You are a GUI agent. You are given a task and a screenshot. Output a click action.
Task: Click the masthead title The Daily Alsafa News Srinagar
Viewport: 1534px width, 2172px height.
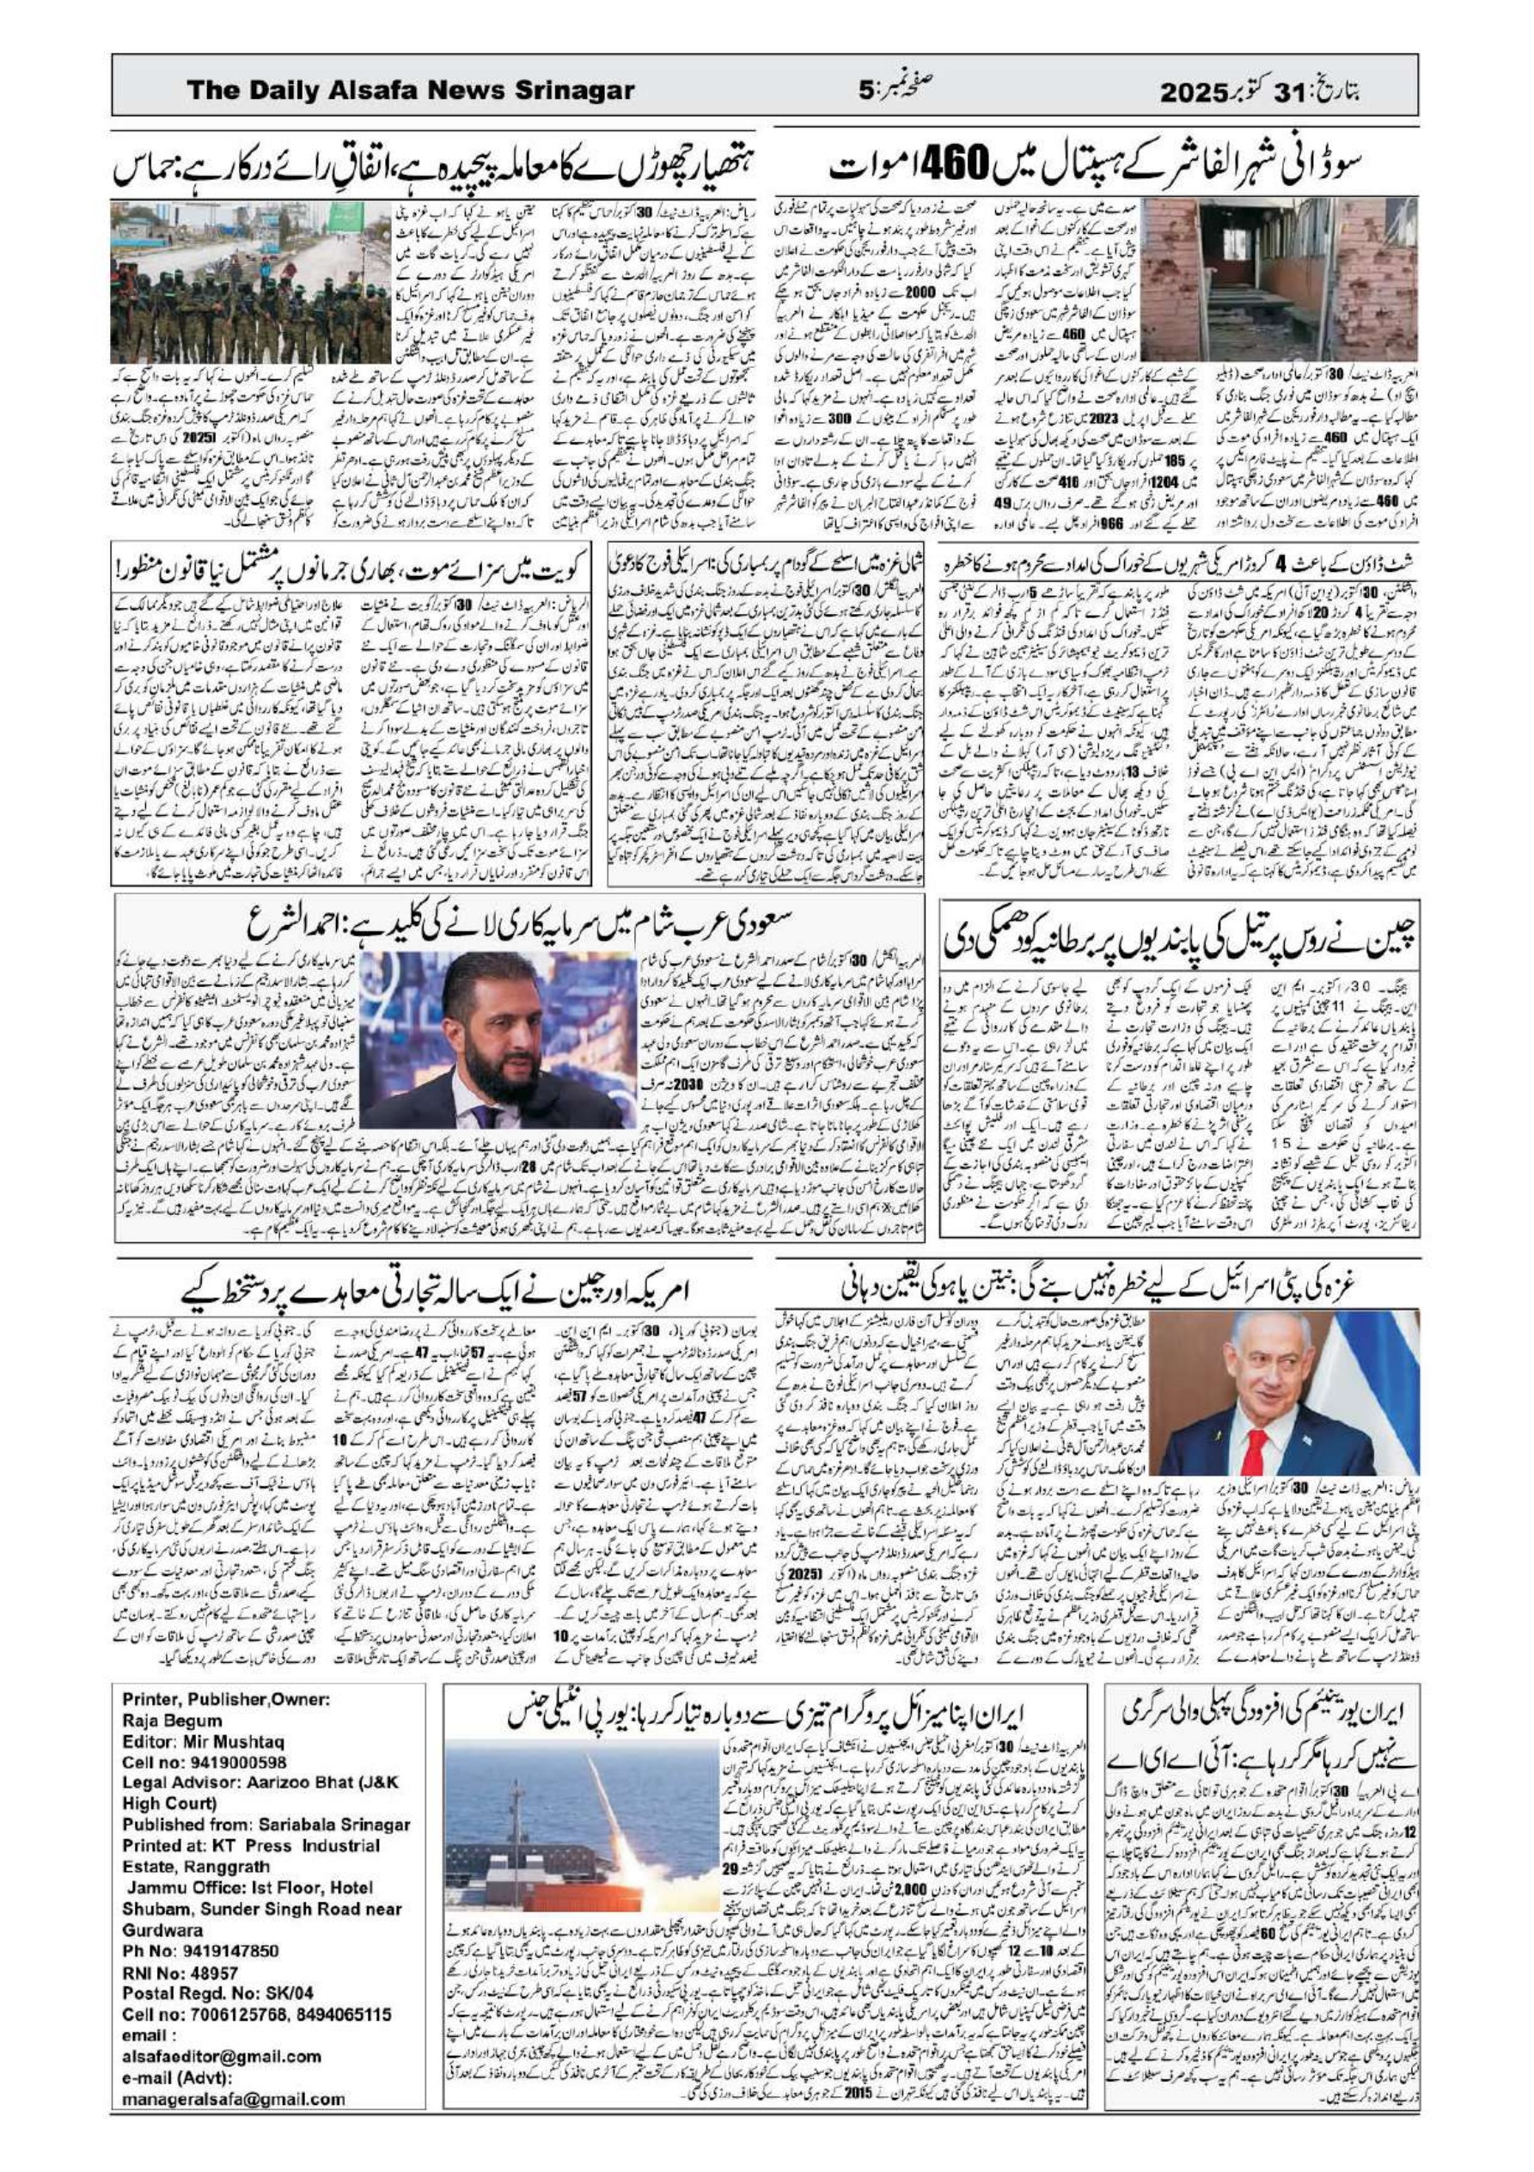point(411,91)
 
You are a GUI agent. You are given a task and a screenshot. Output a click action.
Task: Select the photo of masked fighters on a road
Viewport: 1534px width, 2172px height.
point(250,281)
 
